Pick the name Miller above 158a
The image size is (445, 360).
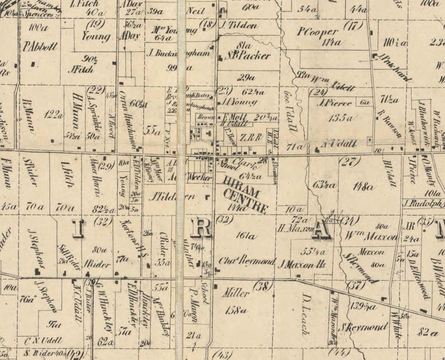pos(236,293)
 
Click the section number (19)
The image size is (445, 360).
pos(96,24)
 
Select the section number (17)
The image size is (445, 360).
pos(354,25)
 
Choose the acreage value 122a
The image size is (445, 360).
pos(54,114)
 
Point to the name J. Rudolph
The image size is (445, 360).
pos(423,204)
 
